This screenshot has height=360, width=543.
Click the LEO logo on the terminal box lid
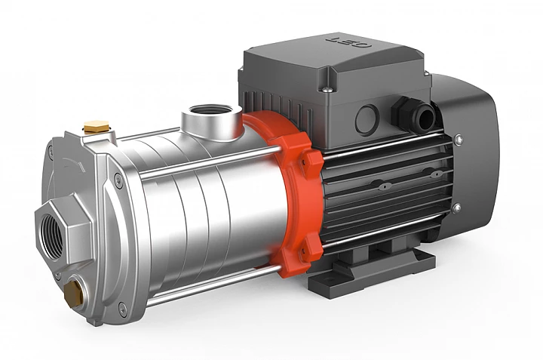click(348, 42)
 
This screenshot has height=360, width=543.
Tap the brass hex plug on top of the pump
click(97, 127)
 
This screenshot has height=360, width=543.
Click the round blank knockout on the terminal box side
click(367, 119)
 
